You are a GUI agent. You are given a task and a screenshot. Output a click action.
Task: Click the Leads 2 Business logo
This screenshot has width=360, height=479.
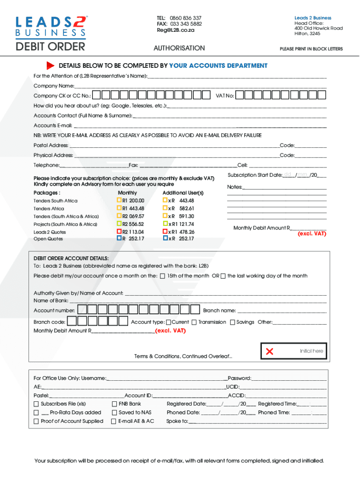tap(51, 26)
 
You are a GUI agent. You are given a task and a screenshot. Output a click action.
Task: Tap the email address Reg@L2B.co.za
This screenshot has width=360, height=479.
tap(175, 30)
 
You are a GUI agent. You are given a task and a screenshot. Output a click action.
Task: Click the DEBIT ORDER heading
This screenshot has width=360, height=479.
tap(50, 47)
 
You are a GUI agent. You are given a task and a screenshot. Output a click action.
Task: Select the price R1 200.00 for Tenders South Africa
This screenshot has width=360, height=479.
tap(133, 201)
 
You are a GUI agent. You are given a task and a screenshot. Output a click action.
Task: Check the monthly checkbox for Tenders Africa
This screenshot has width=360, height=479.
tap(119, 208)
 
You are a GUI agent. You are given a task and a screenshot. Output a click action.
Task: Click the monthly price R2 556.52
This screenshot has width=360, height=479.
tap(133, 224)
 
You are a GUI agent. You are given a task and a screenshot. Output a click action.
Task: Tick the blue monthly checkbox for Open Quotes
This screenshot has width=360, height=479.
tap(119, 238)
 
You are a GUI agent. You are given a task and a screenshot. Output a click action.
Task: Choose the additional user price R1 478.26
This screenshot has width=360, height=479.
tap(181, 232)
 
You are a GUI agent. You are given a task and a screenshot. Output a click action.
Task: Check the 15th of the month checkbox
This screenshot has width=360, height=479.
tap(162, 276)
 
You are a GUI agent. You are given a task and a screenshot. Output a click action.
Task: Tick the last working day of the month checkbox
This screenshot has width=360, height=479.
tap(223, 276)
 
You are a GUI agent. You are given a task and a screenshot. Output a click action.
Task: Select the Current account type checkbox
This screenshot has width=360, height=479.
tap(169, 322)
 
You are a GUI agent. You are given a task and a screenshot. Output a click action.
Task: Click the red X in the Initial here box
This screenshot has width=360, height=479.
tap(269, 351)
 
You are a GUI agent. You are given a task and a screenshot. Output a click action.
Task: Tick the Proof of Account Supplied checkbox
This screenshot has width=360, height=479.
tap(36, 421)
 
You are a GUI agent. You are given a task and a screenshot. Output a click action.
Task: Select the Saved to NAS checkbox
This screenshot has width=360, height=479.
tap(115, 413)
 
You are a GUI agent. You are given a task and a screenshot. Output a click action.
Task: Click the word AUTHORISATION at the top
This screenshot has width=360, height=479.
tap(179, 48)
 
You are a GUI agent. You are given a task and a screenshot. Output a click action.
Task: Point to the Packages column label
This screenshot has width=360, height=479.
tap(47, 193)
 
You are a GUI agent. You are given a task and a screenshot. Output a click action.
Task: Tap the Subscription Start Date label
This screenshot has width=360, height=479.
tap(255, 175)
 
